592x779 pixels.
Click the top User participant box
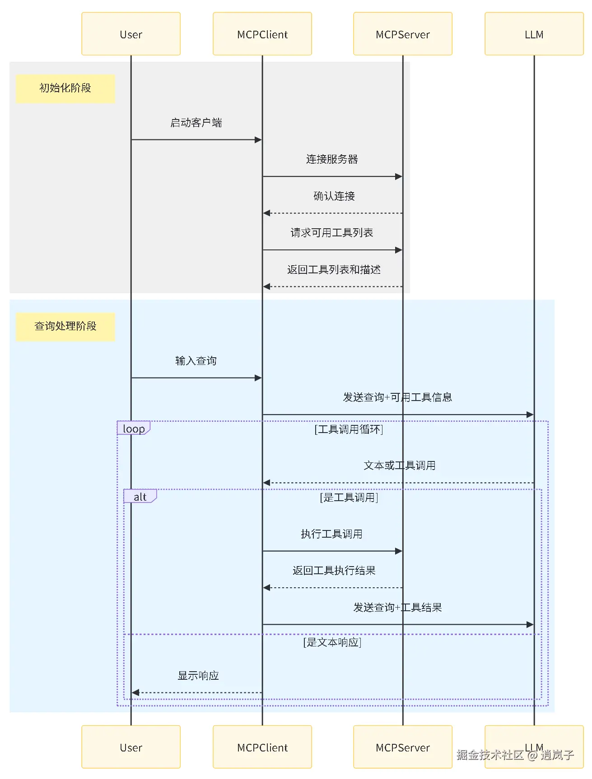click(x=131, y=34)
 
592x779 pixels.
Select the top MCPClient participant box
click(x=262, y=34)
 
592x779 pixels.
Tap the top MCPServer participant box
click(x=402, y=34)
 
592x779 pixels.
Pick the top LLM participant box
click(x=534, y=34)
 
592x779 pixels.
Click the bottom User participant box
click(x=131, y=747)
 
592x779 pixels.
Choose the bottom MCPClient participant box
click(x=262, y=747)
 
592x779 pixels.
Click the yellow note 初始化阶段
click(x=65, y=88)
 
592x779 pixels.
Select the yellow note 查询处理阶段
click(x=65, y=326)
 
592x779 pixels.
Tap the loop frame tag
click(x=134, y=429)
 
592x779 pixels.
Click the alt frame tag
click(x=140, y=497)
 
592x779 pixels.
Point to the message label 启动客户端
click(x=196, y=123)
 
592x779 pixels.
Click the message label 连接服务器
click(x=332, y=159)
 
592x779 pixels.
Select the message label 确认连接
click(x=334, y=196)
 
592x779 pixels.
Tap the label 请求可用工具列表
click(x=332, y=233)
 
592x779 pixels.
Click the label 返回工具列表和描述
click(x=334, y=270)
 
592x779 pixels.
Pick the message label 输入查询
click(x=196, y=361)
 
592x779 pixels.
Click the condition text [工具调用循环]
click(x=349, y=429)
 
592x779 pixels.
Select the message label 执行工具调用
click(x=332, y=534)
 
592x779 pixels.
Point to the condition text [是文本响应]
click(x=332, y=642)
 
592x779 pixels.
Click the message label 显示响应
click(x=198, y=676)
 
